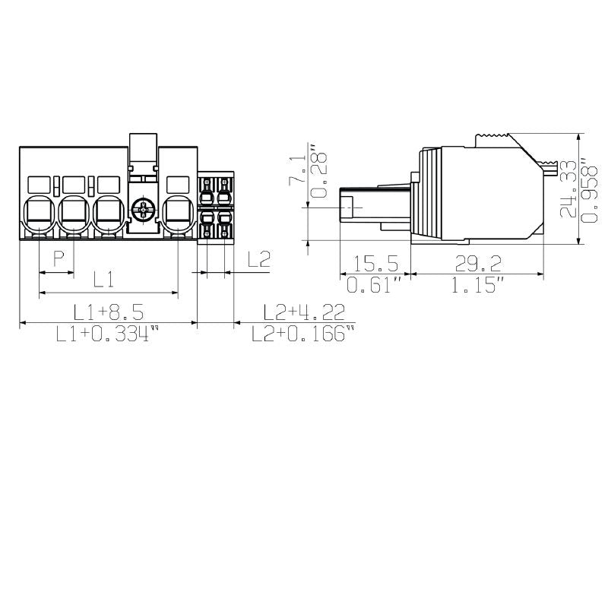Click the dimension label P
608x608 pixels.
[x=59, y=258]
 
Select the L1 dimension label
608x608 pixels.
[x=104, y=279]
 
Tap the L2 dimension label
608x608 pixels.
[x=258, y=259]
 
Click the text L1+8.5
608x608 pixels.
[x=109, y=312]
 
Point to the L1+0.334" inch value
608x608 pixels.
[x=108, y=333]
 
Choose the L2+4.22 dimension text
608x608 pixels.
[x=304, y=312]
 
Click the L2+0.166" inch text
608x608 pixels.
[x=303, y=333]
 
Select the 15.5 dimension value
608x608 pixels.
[x=375, y=263]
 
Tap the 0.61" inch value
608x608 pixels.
[x=374, y=285]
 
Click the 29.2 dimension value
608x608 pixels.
[x=478, y=263]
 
